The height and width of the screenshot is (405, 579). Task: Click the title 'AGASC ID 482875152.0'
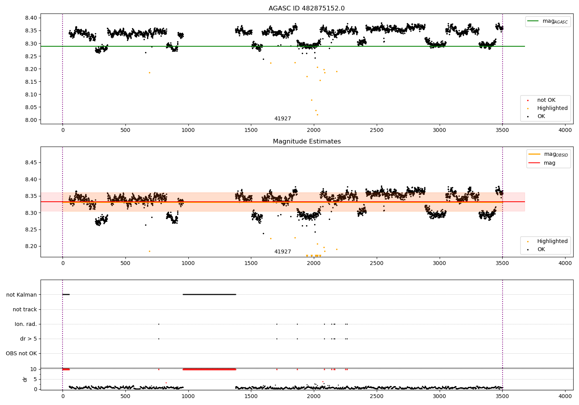pos(306,8)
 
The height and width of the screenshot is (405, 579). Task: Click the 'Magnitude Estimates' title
pos(306,142)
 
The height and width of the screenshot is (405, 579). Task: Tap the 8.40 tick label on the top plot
pos(31,18)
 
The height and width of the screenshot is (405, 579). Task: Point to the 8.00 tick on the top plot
pos(31,120)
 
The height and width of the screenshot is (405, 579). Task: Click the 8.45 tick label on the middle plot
pos(31,163)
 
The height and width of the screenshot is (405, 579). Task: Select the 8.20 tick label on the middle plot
pos(31,246)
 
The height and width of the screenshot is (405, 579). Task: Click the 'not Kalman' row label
pos(22,295)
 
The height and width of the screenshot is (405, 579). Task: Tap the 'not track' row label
pos(25,309)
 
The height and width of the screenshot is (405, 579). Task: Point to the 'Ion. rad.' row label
pos(26,324)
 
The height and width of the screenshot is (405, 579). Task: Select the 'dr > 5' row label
pos(29,339)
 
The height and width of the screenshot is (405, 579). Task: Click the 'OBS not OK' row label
pos(21,353)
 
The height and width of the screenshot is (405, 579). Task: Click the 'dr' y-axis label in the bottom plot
pos(25,379)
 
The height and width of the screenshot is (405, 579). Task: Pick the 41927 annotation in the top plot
pos(283,119)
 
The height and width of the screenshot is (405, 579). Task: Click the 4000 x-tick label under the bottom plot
pos(565,396)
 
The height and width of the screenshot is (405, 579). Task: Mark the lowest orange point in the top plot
pos(317,115)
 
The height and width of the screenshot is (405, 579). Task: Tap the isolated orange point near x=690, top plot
pos(149,73)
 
